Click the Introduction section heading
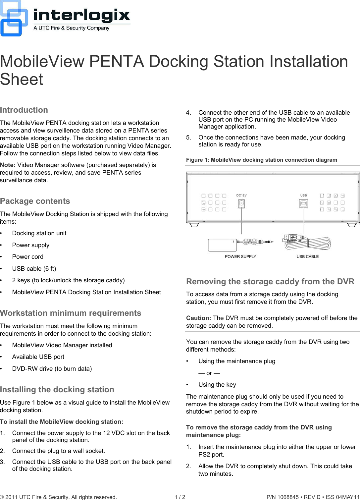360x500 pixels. tap(24, 110)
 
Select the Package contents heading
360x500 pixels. tap(35, 201)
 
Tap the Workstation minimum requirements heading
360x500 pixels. tap(71, 313)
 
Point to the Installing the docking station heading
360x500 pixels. tap(57, 390)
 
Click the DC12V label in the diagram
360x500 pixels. tap(241, 195)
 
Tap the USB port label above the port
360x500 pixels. tap(303, 195)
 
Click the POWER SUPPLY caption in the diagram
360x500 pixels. tap(240, 256)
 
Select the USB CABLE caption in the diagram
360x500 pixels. tap(307, 256)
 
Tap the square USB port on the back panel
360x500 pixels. tap(303, 203)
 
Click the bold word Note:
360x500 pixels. tap(8, 165)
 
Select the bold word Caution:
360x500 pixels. tap(198, 318)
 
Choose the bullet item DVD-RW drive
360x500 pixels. tap(52, 369)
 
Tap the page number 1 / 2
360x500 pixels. tap(180, 497)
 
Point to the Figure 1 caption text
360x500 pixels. tap(261, 160)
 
